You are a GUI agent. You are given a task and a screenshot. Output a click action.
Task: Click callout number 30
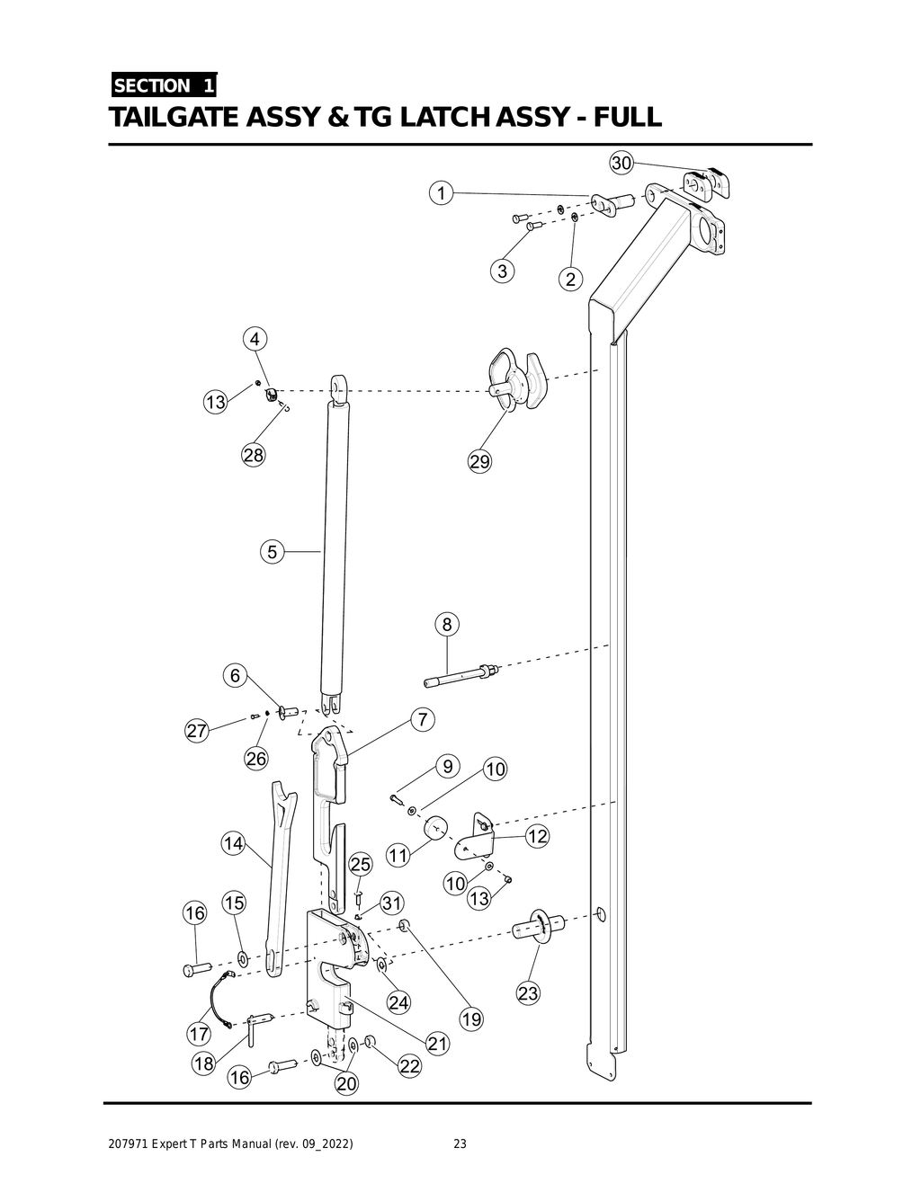pos(621,163)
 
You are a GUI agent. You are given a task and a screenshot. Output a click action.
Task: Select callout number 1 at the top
pos(440,192)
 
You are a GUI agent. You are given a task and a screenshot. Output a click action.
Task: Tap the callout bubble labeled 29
pos(480,461)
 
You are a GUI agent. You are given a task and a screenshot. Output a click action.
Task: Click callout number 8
pos(447,624)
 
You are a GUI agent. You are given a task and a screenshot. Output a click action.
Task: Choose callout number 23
pos(528,993)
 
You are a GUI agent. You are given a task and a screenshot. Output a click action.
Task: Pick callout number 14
pos(234,843)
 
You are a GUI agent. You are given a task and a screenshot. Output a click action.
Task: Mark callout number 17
pos(199,1034)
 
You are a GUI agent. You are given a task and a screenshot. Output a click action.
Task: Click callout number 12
pos(537,836)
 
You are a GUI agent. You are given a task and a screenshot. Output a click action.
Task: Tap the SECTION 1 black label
pos(163,86)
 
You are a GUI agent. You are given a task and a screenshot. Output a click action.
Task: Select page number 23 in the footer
pos(460,1144)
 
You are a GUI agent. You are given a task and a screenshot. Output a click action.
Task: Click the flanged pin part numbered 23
pos(539,926)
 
